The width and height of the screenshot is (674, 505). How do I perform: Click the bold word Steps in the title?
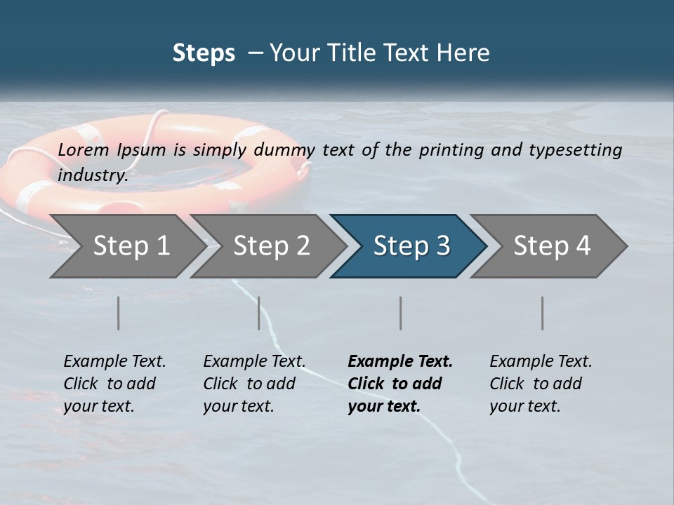click(x=204, y=53)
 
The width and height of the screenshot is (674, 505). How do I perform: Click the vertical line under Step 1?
click(x=119, y=313)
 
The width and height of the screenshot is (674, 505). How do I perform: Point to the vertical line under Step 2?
click(x=259, y=313)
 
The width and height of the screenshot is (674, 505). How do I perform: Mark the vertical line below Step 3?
click(x=401, y=313)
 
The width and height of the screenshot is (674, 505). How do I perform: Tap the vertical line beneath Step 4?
click(x=543, y=313)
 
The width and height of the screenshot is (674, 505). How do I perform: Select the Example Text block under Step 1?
click(x=114, y=384)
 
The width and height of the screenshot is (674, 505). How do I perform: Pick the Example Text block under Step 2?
click(x=254, y=384)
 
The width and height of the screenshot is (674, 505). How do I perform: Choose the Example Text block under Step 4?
click(x=541, y=384)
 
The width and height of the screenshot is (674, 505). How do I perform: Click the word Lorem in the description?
click(x=83, y=149)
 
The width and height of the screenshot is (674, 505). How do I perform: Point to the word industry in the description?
click(x=93, y=175)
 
